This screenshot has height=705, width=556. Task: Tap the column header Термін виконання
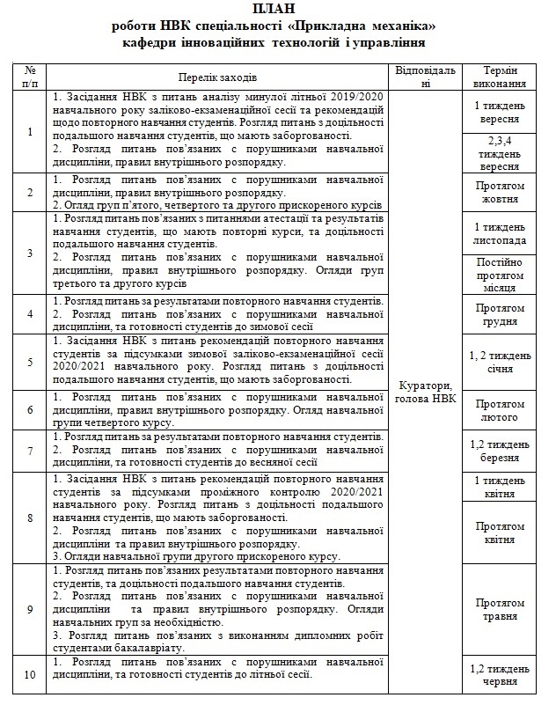(x=500, y=77)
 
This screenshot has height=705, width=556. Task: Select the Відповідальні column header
(x=426, y=77)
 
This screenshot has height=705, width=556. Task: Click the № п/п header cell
(x=30, y=77)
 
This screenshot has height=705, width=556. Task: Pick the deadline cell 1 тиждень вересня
(x=500, y=112)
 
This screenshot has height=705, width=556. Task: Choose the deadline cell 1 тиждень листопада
(x=500, y=233)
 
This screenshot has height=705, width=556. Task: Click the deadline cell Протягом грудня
(x=500, y=314)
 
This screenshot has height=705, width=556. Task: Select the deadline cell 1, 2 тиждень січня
(x=500, y=362)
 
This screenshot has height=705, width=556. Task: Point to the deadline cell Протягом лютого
(x=500, y=410)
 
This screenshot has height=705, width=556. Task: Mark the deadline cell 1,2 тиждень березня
(x=500, y=451)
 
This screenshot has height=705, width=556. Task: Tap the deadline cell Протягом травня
(x=500, y=609)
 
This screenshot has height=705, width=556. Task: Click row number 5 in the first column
(x=30, y=362)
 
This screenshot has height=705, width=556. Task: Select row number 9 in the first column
(x=30, y=609)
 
